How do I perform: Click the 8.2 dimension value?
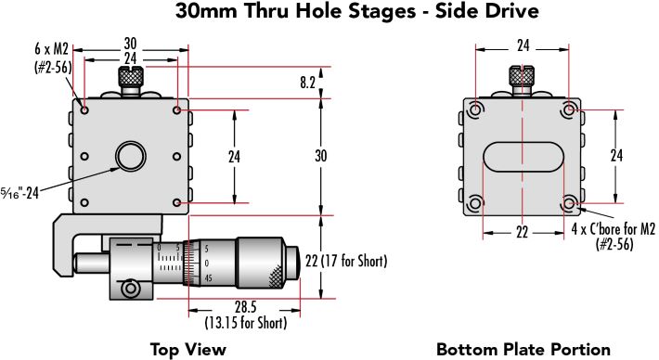tap(307, 83)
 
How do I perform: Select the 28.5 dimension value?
tap(245, 307)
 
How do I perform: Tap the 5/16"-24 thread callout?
tap(19, 193)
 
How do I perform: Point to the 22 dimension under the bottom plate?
tap(522, 232)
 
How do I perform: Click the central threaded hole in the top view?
tap(131, 156)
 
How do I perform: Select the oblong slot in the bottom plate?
tap(523, 157)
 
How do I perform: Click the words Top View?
tap(187, 349)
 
